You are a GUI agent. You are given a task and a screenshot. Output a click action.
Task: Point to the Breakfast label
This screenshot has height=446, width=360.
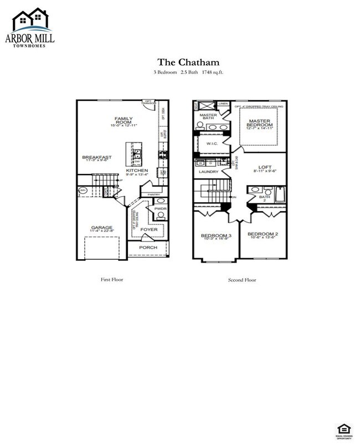coord(97,157)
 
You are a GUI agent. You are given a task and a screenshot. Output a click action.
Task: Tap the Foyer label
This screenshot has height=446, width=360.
coord(147,229)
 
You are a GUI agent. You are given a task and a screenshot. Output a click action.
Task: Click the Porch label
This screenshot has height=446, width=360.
coord(148,247)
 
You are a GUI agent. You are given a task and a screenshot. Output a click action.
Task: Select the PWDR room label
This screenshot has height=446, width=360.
coord(161,209)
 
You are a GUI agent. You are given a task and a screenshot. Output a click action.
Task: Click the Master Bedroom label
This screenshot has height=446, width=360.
coord(260,123)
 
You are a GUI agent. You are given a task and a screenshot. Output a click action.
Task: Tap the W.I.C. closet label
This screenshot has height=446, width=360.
coord(212,143)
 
